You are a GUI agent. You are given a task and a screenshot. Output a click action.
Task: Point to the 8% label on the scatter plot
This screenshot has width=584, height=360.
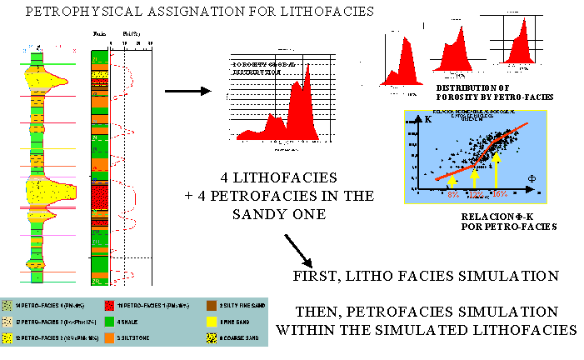[x=452, y=194]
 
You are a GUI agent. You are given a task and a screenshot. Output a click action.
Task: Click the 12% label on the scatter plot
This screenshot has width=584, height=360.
[x=475, y=194]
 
